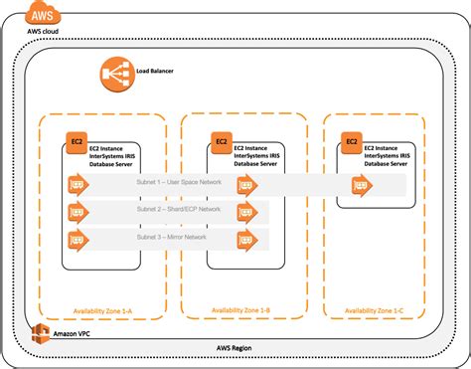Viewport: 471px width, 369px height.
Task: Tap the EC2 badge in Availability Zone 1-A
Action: [75, 142]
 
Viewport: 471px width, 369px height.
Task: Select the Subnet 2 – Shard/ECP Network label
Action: [180, 211]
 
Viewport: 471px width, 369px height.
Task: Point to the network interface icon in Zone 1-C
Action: [361, 184]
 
